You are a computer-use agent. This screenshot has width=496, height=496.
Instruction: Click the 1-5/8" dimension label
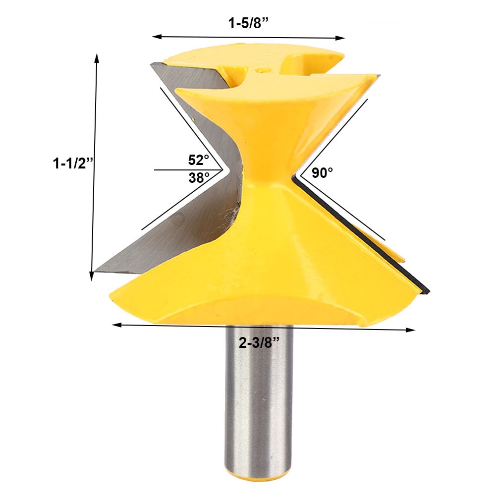point(248,23)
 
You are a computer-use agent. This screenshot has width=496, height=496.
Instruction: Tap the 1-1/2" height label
point(73,164)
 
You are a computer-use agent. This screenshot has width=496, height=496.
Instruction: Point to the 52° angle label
point(198,160)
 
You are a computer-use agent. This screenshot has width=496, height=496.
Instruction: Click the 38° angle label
point(199,178)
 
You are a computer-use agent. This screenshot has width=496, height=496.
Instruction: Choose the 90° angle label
point(322,173)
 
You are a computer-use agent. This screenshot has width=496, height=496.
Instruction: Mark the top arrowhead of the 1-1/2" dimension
point(97,58)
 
